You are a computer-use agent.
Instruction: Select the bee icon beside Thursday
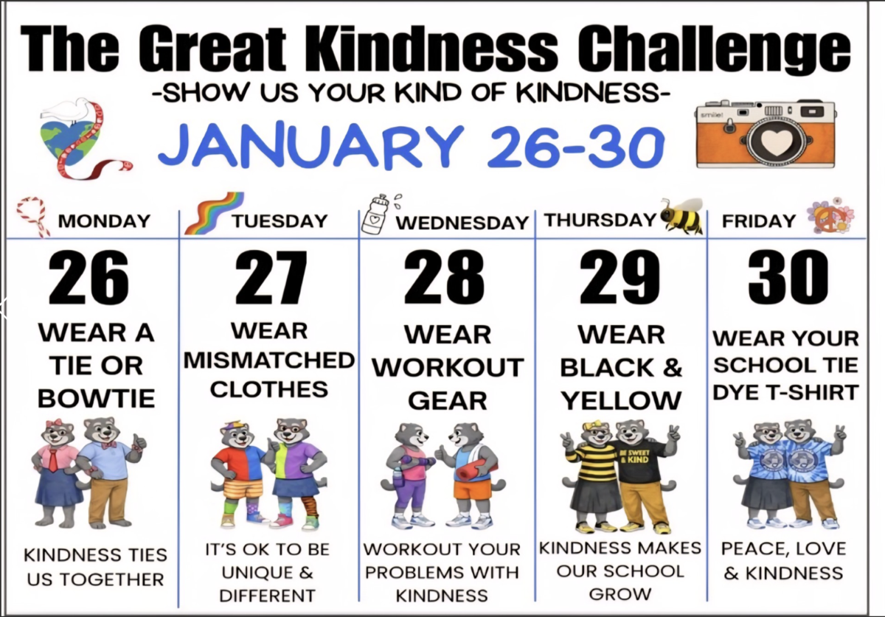[681, 215]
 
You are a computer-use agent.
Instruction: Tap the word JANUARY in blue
[310, 145]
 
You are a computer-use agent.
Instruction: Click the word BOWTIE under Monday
[96, 399]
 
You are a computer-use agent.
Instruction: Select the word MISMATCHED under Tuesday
[268, 360]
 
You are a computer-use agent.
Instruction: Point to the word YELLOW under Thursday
[621, 401]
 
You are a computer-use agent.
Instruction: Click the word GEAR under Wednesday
[447, 401]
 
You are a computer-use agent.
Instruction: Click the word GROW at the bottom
[619, 593]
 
